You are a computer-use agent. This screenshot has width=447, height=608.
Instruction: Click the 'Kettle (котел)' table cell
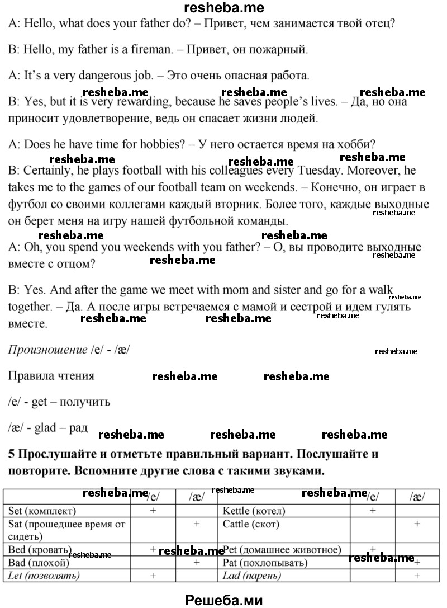coord(254,511)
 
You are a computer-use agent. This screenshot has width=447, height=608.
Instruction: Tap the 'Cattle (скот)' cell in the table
coord(251,524)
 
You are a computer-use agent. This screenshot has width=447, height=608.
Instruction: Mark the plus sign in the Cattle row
coord(417,524)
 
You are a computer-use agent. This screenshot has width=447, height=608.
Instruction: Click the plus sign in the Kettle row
coord(373,511)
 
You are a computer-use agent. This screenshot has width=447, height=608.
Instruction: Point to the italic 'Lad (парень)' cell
coord(251,576)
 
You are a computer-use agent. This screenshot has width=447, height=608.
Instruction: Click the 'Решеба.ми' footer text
coord(223,598)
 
